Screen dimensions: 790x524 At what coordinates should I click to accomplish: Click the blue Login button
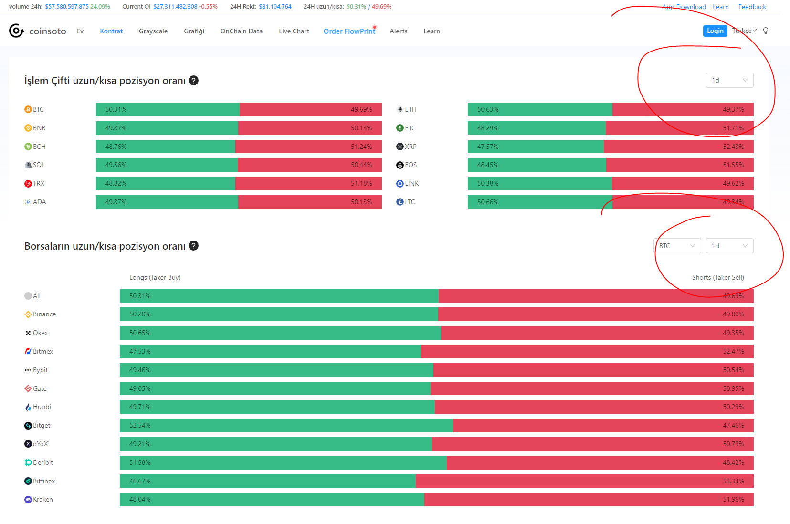pyautogui.click(x=715, y=31)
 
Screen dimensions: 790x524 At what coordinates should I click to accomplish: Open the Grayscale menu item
pyautogui.click(x=153, y=31)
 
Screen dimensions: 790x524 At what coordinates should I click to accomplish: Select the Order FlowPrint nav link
pyautogui.click(x=349, y=31)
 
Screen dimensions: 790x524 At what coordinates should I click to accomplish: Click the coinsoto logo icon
pyautogui.click(x=16, y=31)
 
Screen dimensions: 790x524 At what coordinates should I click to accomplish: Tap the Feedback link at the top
pyautogui.click(x=752, y=7)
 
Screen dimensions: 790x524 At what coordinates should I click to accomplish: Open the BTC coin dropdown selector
pyautogui.click(x=677, y=246)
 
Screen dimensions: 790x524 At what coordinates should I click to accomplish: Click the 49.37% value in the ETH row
pyautogui.click(x=733, y=109)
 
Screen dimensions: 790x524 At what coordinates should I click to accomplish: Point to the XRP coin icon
pyautogui.click(x=400, y=147)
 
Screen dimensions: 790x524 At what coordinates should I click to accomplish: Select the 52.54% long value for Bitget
pyautogui.click(x=140, y=425)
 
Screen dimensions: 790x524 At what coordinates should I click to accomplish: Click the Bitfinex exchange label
pyautogui.click(x=44, y=481)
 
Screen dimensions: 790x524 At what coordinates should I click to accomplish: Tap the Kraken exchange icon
pyautogui.click(x=28, y=499)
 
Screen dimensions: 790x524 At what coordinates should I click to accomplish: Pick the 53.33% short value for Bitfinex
pyautogui.click(x=733, y=481)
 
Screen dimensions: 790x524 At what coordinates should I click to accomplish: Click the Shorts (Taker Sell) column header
pyautogui.click(x=718, y=278)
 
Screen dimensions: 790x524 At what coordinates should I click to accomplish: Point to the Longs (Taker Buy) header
pyautogui.click(x=155, y=278)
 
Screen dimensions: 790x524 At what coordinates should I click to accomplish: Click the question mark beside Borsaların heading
pyautogui.click(x=193, y=246)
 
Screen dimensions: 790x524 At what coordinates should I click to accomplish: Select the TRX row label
pyautogui.click(x=39, y=183)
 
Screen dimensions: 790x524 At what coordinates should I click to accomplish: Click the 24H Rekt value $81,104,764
pyautogui.click(x=275, y=7)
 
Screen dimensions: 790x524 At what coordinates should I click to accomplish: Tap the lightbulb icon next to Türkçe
pyautogui.click(x=765, y=31)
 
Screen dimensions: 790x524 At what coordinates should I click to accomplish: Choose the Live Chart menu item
pyautogui.click(x=294, y=31)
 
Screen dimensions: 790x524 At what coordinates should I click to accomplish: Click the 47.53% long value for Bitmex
pyautogui.click(x=140, y=351)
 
